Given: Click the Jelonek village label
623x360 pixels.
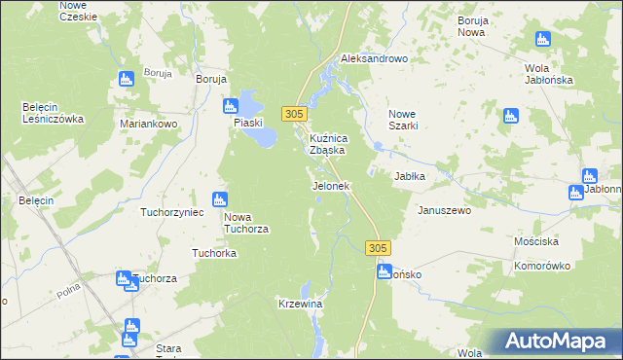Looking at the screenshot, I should [330, 185].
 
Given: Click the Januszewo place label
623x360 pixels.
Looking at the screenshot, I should [444, 210].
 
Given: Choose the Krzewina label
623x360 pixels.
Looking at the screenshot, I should [300, 305].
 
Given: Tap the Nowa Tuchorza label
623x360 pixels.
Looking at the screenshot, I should [246, 223].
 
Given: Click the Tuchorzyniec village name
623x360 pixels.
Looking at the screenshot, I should [171, 211].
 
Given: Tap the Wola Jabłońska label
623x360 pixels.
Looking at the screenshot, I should [547, 74].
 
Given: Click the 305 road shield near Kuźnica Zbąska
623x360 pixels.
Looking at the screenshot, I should [296, 114].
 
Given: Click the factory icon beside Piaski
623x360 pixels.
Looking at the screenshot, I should [231, 106].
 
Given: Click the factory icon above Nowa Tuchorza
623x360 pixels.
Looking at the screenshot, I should [222, 198].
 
